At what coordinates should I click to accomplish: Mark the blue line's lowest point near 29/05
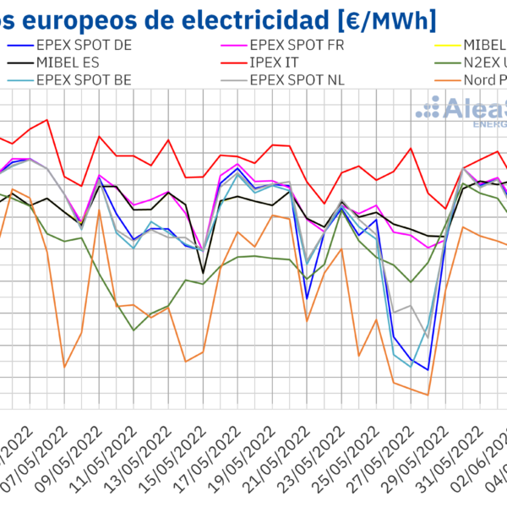(428, 370)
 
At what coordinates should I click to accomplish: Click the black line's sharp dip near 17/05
(203, 272)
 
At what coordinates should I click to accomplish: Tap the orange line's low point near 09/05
(64, 367)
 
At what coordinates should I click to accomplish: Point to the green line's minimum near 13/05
(134, 330)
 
